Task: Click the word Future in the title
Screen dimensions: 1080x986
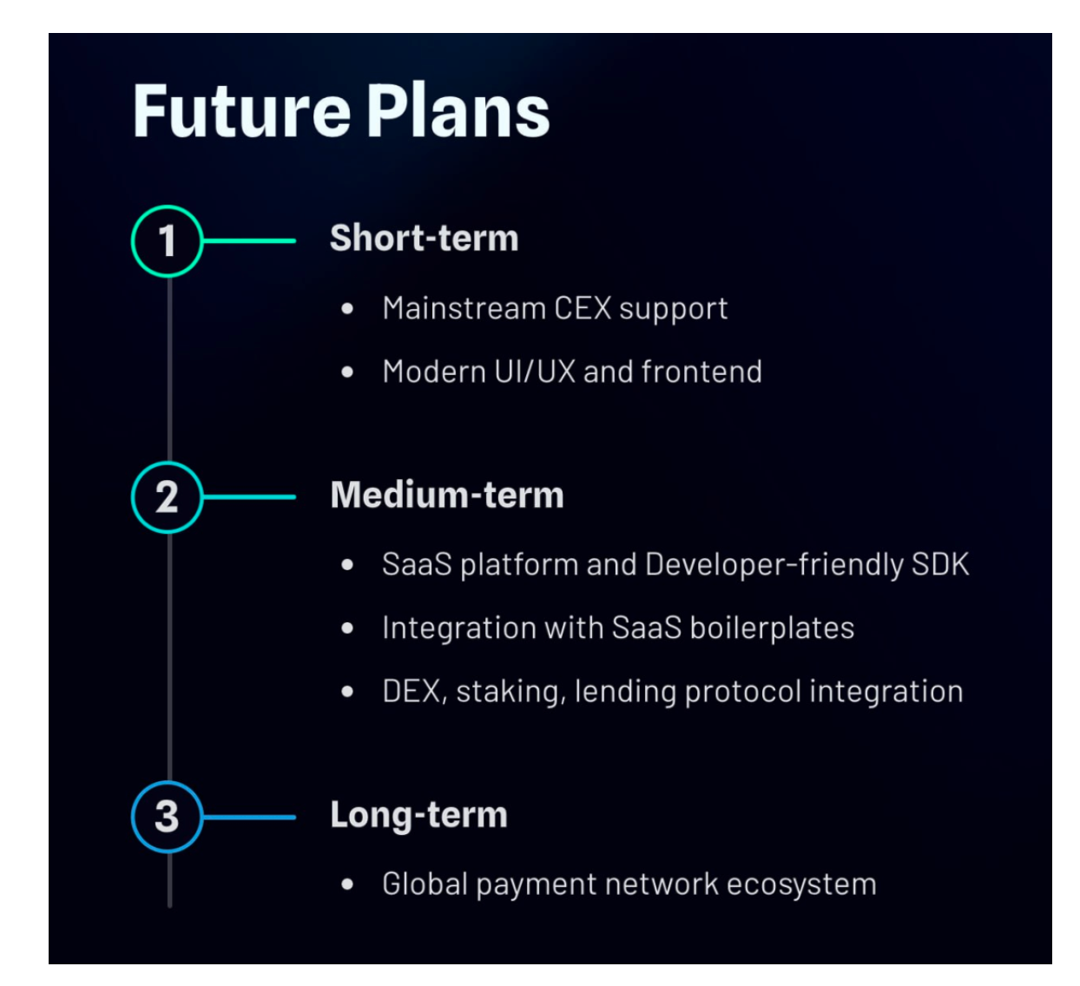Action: click(241, 111)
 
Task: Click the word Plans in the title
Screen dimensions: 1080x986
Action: click(458, 111)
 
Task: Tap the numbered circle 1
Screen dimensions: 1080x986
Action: click(167, 240)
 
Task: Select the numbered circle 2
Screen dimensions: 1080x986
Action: click(167, 497)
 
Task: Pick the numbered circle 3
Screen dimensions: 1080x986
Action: click(167, 817)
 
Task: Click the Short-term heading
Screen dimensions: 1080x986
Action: click(425, 238)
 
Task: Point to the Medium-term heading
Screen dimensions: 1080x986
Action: click(447, 495)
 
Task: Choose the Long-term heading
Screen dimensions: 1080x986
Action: click(418, 816)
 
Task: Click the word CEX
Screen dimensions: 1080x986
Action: click(583, 309)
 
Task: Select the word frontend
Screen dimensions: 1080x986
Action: click(701, 371)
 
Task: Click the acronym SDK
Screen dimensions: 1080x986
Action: click(940, 564)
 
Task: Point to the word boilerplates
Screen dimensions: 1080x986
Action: click(772, 628)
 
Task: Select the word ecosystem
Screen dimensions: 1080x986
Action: click(801, 885)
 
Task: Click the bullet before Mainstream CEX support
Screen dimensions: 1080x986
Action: click(347, 309)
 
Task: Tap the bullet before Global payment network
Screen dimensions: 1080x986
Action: click(347, 884)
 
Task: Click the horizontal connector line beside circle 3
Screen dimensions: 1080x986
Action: click(249, 817)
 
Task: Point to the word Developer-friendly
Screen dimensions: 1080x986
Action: click(774, 565)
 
